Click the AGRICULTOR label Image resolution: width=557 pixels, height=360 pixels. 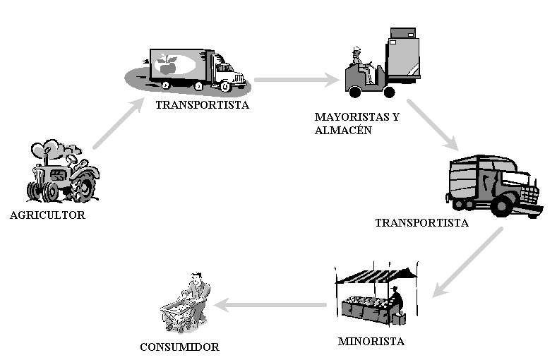click(x=47, y=215)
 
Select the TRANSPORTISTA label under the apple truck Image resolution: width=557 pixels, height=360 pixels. click(x=203, y=105)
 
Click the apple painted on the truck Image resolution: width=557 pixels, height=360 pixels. click(x=168, y=65)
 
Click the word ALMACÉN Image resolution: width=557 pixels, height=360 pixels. click(x=344, y=130)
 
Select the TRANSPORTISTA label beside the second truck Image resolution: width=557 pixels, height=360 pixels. click(x=421, y=222)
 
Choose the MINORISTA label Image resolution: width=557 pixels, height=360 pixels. click(x=371, y=342)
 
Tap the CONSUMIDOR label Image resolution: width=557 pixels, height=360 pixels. click(x=179, y=347)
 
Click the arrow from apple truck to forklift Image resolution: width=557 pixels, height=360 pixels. click(x=297, y=80)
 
